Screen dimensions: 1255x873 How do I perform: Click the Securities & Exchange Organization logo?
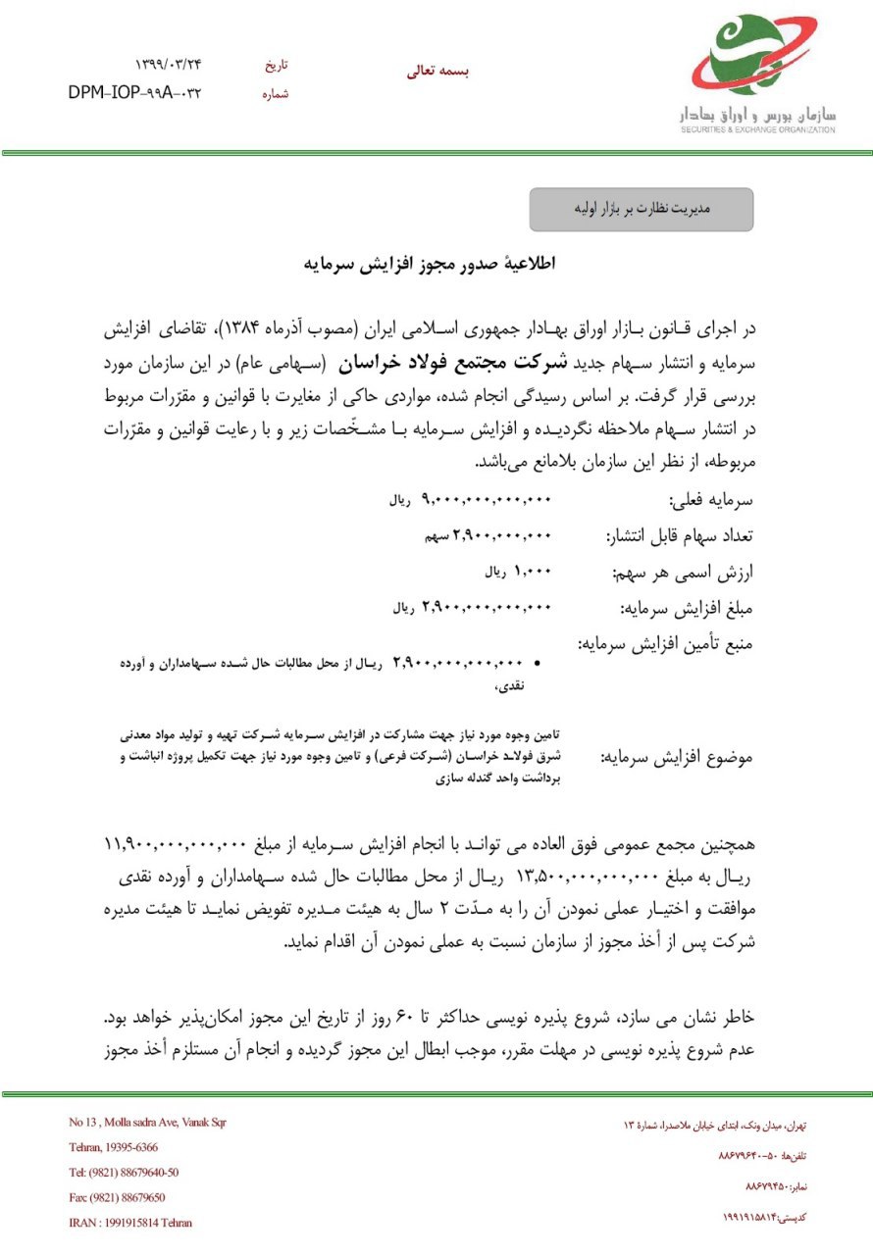click(x=763, y=75)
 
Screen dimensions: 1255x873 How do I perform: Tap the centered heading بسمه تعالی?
click(x=437, y=71)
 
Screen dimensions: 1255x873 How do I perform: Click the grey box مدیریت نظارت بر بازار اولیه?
click(x=641, y=209)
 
